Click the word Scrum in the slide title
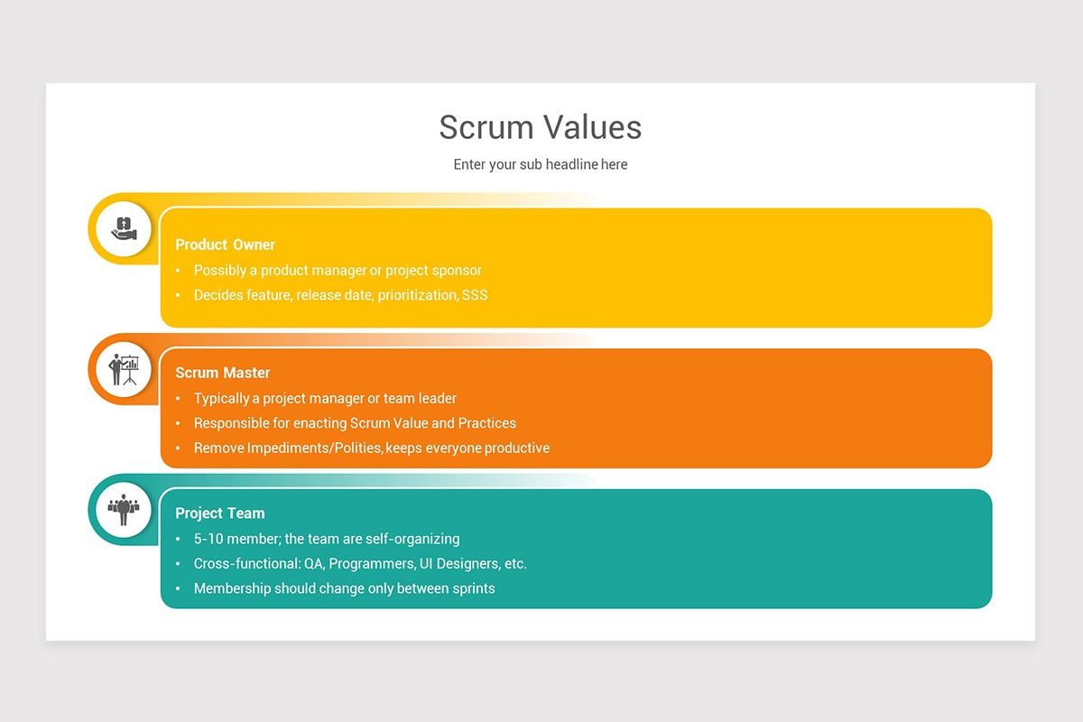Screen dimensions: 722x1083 coord(485,127)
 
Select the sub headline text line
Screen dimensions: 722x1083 coord(541,164)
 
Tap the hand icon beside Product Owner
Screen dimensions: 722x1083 coord(124,228)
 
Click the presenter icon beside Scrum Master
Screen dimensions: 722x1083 coord(124,369)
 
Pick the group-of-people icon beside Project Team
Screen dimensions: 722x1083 coord(124,510)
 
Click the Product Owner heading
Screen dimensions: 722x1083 coord(225,245)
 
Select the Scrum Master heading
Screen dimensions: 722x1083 coord(223,373)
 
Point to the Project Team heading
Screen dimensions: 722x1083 coord(220,514)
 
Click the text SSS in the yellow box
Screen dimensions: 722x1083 coord(475,295)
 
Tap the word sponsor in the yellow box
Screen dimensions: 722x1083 coord(455,271)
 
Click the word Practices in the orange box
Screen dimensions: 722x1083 coord(487,423)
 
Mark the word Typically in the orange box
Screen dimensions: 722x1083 coord(223,399)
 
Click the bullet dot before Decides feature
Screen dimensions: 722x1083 coord(178,295)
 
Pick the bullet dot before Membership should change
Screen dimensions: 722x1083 coord(178,588)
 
